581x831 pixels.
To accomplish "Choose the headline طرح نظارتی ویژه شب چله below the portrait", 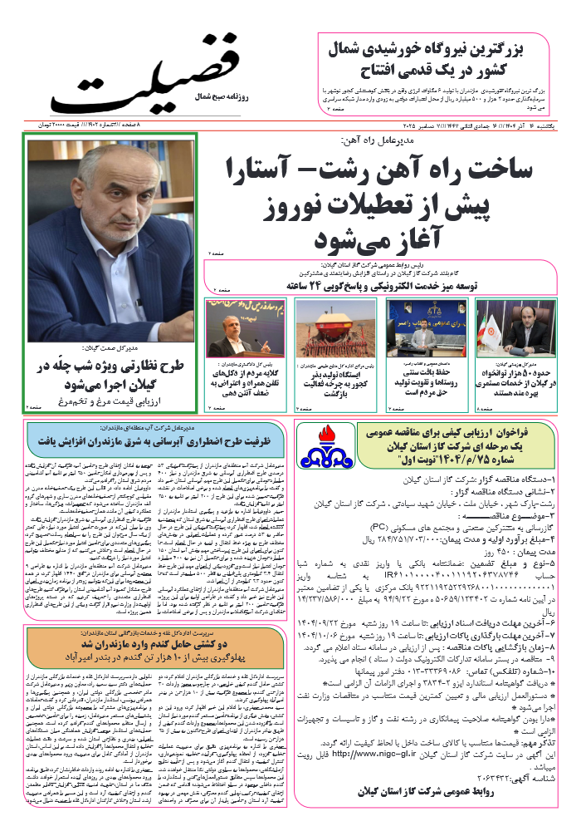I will click(108, 375).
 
